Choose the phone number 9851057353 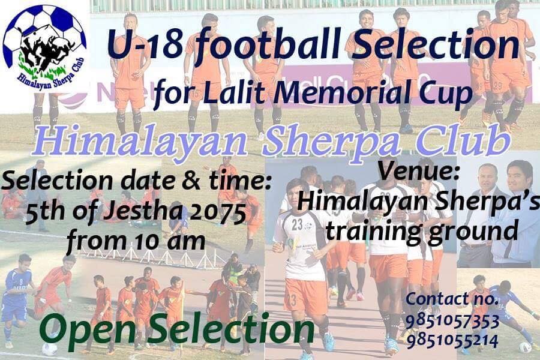[452, 322]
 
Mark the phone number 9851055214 [452, 341]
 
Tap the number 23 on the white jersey [297, 224]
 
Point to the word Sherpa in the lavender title [331, 142]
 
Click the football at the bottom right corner [525, 347]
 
